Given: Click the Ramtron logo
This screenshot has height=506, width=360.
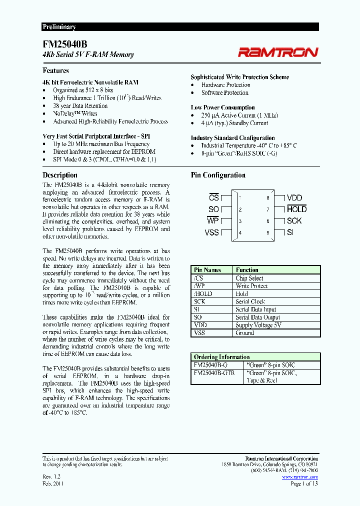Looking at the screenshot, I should click(x=277, y=52).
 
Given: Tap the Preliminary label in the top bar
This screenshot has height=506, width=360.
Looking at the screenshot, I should click(x=59, y=27).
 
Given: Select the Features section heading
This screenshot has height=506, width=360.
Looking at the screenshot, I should click(x=55, y=71).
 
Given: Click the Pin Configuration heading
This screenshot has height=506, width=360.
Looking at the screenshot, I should click(x=218, y=175).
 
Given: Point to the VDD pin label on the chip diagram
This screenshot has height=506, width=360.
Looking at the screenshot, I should click(x=294, y=198).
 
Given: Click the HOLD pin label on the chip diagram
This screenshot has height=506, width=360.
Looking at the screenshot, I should click(x=296, y=209).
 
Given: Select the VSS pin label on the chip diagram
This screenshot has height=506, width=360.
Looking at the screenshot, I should click(x=211, y=232).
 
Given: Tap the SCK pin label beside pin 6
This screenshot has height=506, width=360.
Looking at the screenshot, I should click(x=294, y=221).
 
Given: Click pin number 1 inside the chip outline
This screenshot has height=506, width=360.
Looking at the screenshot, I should click(x=240, y=198).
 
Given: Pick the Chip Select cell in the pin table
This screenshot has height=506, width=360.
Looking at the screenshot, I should click(x=249, y=278).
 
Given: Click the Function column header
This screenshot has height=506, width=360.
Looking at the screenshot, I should click(x=247, y=270).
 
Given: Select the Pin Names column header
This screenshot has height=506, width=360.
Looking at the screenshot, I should click(x=207, y=270).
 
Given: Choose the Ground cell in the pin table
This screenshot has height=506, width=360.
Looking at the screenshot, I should click(x=245, y=333).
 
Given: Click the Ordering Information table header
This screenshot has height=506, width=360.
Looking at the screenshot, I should click(x=221, y=357).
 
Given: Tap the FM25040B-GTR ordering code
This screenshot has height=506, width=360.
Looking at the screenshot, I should click(x=213, y=373).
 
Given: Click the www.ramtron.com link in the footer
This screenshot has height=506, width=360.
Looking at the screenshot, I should click(x=299, y=477).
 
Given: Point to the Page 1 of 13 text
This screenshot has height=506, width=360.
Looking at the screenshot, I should click(x=303, y=483).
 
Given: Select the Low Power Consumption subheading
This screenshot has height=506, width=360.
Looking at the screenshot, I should click(x=222, y=107).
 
